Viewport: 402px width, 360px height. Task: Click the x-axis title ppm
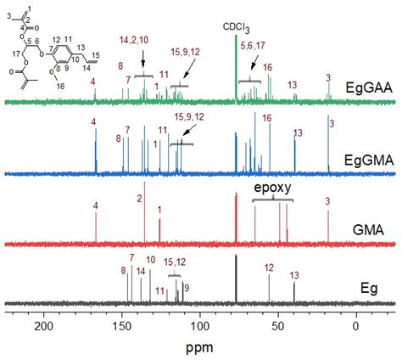tap(202, 347)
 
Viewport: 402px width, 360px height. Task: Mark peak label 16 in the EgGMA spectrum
tap(267, 118)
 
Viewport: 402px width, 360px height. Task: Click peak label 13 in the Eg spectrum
tap(294, 275)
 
